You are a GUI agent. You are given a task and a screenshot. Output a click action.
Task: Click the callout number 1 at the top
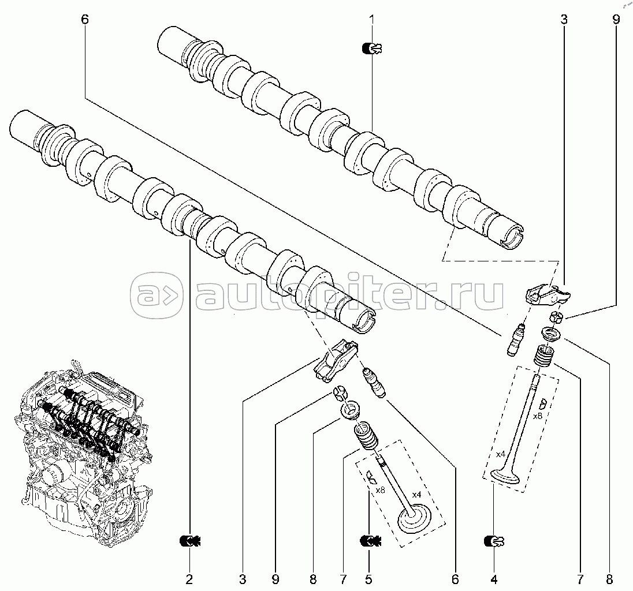click(x=372, y=20)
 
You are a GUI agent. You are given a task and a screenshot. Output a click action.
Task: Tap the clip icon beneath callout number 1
click(x=372, y=49)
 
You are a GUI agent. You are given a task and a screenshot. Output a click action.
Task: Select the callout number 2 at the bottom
click(x=189, y=579)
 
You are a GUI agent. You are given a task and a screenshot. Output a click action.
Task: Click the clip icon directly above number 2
click(x=190, y=541)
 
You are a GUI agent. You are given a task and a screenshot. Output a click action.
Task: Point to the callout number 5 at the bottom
click(x=368, y=579)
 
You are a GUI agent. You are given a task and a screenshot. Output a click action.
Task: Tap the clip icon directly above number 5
click(x=370, y=541)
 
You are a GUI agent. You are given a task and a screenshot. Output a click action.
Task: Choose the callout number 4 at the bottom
click(x=494, y=579)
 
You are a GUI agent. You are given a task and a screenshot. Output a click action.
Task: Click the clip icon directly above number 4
click(x=494, y=541)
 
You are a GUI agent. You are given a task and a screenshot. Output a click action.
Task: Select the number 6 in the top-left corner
click(x=85, y=20)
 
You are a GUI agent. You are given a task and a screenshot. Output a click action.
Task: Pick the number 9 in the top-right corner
click(x=616, y=20)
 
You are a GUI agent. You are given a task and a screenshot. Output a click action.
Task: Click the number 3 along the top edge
click(x=564, y=20)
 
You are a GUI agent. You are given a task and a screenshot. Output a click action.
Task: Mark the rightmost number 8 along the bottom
click(x=609, y=579)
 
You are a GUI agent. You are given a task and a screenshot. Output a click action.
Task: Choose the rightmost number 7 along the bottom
click(x=580, y=579)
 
